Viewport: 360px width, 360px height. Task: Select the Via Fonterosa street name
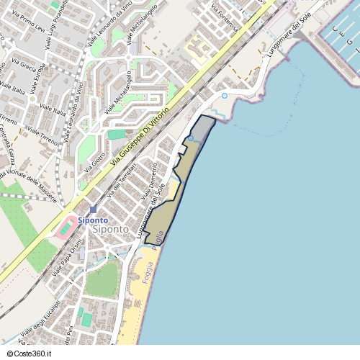[225, 18]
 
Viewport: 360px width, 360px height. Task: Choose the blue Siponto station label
[94, 220]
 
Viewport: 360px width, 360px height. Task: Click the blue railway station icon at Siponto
[93, 210]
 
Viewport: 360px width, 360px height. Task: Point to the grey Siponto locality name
[112, 229]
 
